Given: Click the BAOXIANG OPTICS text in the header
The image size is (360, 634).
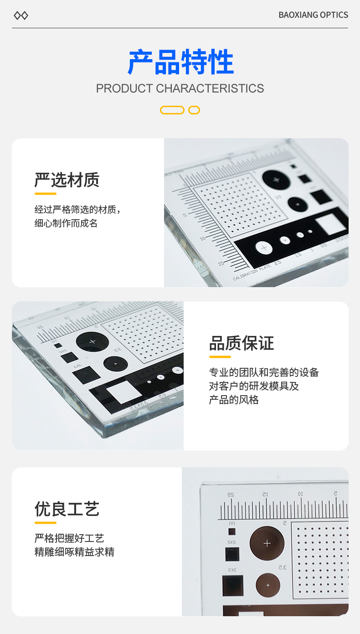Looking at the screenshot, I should coord(313,15).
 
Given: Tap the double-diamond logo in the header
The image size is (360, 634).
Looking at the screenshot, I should coord(21,15).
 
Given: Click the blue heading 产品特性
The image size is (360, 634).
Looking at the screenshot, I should coord(180,62).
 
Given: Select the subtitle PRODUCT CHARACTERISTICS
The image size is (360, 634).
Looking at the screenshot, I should coord(180,88).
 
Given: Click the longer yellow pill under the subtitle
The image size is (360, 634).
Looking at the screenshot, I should coord(172,110).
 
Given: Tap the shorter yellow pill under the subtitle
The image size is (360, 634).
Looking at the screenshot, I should coord(194,110).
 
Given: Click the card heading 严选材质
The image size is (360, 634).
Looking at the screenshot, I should coord(67,180).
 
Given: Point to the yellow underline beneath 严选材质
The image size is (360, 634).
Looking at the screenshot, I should coord(45,194).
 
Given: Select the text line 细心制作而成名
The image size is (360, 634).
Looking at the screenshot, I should coord(66,223).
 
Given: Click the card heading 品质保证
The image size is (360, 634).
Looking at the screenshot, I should coord(242,343).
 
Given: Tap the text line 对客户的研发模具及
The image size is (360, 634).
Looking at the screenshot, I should coord(254,386).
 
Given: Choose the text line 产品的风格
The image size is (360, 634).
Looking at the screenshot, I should coord(234,400).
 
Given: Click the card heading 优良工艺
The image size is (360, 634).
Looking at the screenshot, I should coord(67,509).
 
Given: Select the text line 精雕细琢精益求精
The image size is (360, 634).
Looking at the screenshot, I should coord(74,552).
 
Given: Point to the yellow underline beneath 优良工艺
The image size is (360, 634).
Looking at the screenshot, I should coord(45,523).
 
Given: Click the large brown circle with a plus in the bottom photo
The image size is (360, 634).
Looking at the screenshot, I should coord(267,543).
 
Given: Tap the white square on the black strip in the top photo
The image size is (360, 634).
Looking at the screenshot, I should coord(330,224).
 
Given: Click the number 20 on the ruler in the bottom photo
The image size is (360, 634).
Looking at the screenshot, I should coord(231,495).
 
